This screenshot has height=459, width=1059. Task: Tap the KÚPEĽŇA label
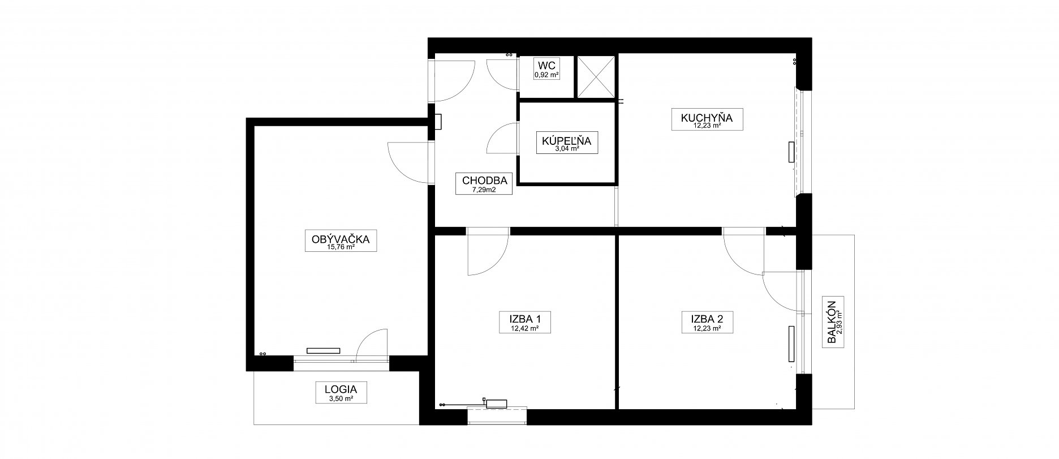[x=566, y=141]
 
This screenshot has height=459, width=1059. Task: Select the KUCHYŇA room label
[x=707, y=118]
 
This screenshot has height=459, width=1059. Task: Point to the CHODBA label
[x=484, y=181]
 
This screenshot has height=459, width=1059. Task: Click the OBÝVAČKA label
[x=341, y=239]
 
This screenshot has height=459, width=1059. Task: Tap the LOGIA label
[x=341, y=389]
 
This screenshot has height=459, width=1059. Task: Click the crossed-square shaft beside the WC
[x=595, y=76]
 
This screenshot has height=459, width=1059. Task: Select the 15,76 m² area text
[x=341, y=247]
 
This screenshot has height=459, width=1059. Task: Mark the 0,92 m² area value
[x=546, y=75]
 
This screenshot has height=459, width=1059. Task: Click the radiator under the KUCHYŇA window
[x=791, y=153]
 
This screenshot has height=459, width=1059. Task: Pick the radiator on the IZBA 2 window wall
[x=791, y=343]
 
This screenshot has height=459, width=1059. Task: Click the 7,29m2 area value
[x=484, y=190]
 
